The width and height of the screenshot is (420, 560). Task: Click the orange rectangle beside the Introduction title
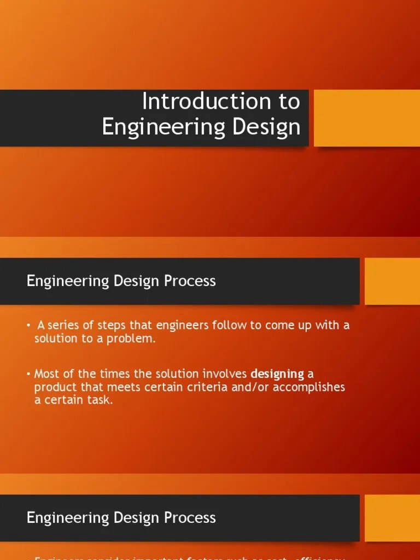[x=366, y=118]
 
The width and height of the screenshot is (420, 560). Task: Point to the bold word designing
[x=277, y=374]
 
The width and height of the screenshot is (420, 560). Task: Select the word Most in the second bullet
[x=46, y=374]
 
